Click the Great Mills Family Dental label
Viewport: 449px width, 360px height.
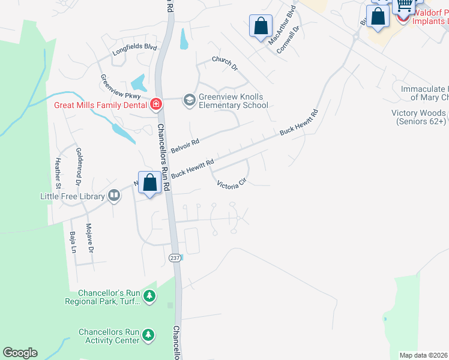point(100,105)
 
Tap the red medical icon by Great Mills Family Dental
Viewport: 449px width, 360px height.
point(156,105)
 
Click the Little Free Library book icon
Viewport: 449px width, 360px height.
point(113,195)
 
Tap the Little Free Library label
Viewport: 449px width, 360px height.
point(72,196)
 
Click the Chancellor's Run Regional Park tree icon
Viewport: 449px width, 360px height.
point(149,295)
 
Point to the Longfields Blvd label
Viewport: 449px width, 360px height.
point(134,51)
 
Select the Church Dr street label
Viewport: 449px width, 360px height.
point(225,63)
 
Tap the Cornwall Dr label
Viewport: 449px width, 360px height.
point(288,40)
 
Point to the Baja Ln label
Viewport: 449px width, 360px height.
point(73,242)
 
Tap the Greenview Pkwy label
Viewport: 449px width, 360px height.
point(121,86)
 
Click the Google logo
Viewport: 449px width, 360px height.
point(20,353)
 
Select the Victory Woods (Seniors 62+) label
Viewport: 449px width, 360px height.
point(418,117)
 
